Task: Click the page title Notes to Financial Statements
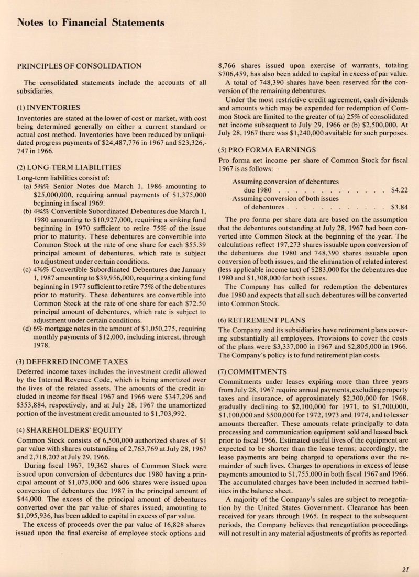point(91,22)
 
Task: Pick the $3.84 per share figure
point(400,207)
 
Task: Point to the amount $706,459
point(236,75)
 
